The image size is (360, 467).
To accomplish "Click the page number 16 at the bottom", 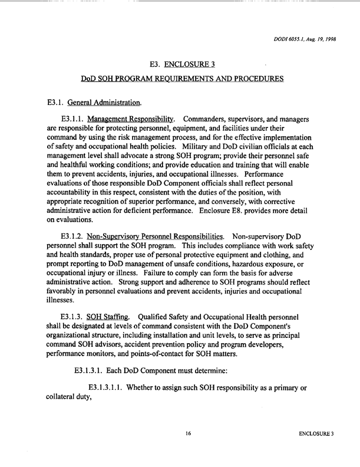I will tap(188, 433).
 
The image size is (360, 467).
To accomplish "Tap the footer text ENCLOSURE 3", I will tap(316, 433).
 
